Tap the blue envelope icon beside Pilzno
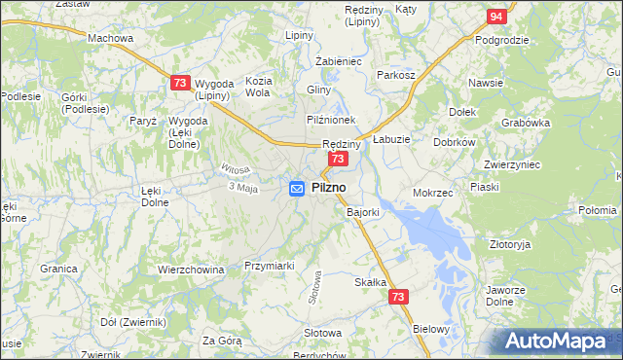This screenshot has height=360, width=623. point(298,189)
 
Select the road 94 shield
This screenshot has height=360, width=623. point(496,17)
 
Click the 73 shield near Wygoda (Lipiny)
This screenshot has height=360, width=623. point(179,85)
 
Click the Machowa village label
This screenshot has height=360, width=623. point(110,38)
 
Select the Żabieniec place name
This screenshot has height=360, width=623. point(339,60)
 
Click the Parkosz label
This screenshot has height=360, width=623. point(396,75)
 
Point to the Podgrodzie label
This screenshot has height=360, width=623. point(501,40)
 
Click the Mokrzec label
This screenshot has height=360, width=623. point(433,193)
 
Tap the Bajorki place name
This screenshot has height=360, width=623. point(363,211)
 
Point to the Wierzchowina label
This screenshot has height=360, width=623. point(191,270)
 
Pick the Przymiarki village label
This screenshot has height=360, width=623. point(269,265)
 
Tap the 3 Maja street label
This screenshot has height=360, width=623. point(242,188)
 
